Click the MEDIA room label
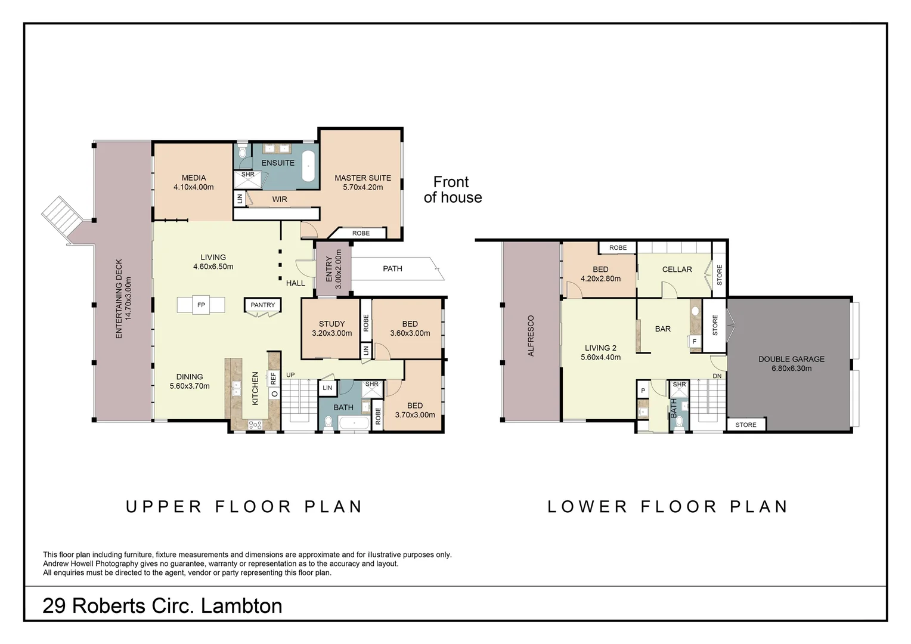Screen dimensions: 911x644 (194, 178)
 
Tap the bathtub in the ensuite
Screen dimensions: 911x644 (308, 166)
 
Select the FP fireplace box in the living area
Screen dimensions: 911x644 (201, 305)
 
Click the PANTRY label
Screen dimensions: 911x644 (263, 305)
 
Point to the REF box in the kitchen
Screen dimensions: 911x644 (274, 378)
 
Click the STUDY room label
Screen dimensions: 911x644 (331, 324)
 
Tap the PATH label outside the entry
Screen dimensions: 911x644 (392, 268)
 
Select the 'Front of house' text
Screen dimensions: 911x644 (453, 190)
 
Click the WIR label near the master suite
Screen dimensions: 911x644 (280, 199)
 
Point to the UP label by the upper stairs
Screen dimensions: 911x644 (290, 374)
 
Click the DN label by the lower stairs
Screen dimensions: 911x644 (717, 376)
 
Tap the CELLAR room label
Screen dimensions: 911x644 (677, 270)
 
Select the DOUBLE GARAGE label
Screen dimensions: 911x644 (791, 359)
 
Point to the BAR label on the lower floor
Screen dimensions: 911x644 (663, 329)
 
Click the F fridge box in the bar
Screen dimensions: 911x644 (695, 341)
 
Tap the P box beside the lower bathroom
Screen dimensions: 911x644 (643, 391)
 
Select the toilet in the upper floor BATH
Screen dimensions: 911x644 (328, 422)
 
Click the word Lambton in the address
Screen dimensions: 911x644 (241, 606)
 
